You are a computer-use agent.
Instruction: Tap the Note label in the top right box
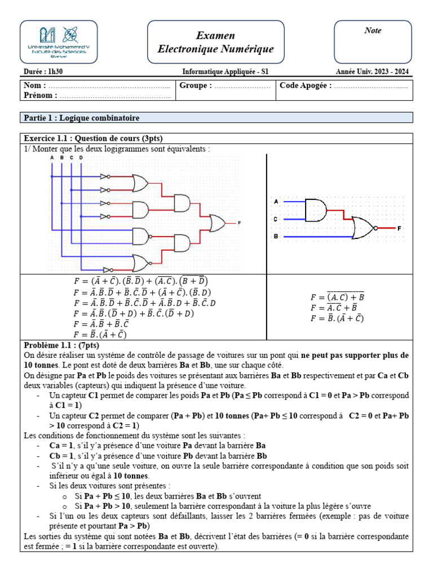point(373,31)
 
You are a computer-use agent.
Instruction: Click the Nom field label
point(33,86)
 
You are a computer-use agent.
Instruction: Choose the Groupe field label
point(196,86)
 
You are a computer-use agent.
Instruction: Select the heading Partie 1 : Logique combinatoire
point(81,118)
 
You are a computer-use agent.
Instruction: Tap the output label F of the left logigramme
point(239,223)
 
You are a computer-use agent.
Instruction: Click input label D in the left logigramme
point(81,158)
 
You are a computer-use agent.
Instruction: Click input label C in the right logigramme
point(276,219)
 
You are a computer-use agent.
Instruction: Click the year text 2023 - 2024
point(389,72)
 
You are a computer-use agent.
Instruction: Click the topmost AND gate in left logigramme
point(183,202)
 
